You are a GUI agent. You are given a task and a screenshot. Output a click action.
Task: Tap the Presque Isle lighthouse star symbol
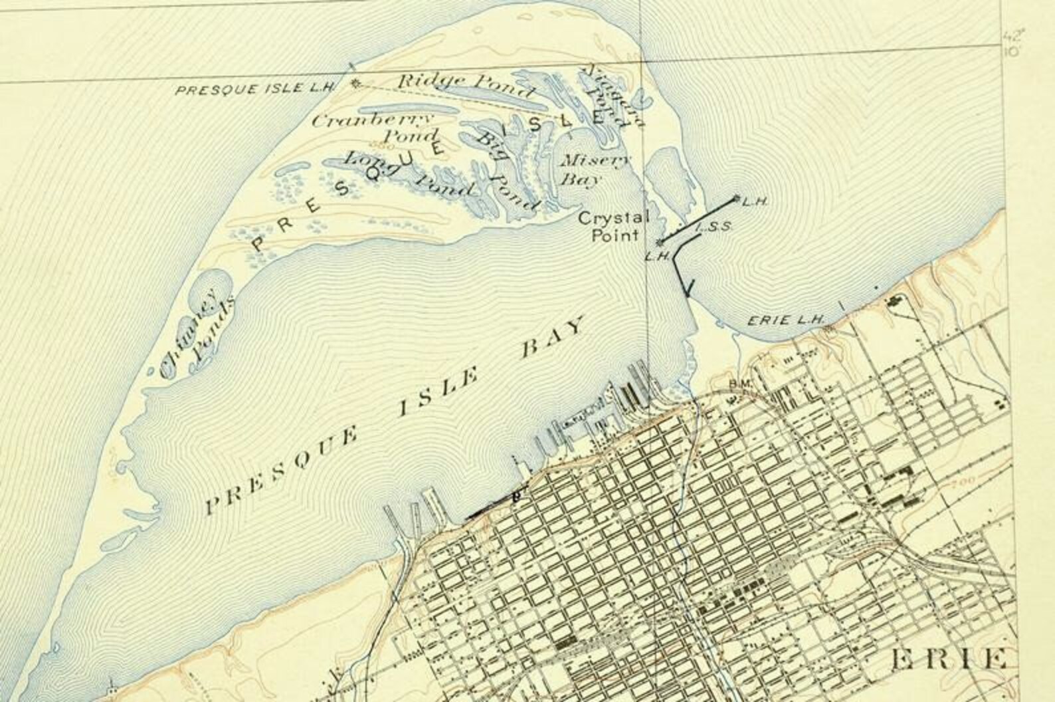[355, 84]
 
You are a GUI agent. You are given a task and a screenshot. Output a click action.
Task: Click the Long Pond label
[409, 174]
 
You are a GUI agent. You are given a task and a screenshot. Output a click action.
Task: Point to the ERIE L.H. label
[786, 320]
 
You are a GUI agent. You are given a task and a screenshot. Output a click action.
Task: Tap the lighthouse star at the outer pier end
[736, 198]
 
